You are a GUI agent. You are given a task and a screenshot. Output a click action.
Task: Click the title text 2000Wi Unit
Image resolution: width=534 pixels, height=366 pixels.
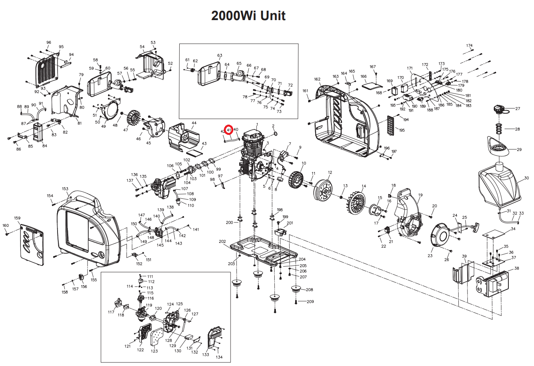click(x=248, y=16)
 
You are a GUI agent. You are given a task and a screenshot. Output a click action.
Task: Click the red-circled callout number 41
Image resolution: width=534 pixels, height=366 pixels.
click(x=229, y=129)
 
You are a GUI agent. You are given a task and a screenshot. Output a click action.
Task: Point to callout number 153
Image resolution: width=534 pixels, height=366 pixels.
click(x=65, y=189)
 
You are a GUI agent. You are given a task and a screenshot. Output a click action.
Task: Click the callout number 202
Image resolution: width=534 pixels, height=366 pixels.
click(x=222, y=241)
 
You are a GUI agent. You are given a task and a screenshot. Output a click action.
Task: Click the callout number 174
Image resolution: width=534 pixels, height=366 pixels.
click(x=469, y=46)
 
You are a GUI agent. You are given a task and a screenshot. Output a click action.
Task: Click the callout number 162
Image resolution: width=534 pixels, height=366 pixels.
click(x=317, y=79)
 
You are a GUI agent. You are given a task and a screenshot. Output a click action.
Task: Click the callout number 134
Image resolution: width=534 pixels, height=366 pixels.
click(x=219, y=357)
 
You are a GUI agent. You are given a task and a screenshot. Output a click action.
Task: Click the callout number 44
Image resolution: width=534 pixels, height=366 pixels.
click(x=194, y=123)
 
